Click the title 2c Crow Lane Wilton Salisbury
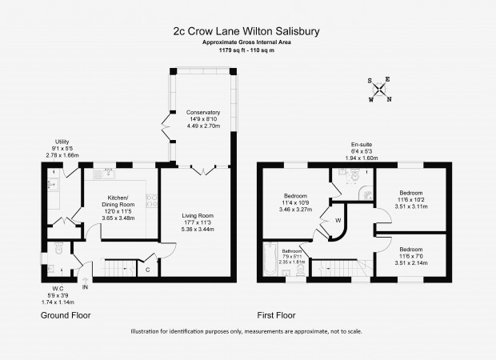point(246,31)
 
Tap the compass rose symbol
point(379,90)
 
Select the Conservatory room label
point(203,119)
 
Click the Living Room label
point(198,222)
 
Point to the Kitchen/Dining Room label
point(118,207)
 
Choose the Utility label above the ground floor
point(62,148)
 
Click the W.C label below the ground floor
point(58,295)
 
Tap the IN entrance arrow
point(85,283)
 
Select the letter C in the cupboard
point(147,270)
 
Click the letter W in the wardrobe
point(338,221)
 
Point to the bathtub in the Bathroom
point(270,258)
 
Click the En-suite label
point(362,151)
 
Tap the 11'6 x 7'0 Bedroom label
point(411,256)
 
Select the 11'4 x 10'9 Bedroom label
point(295,202)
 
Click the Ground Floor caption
point(66,315)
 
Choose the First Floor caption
point(276,315)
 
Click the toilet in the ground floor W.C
point(59,248)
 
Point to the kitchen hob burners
point(151,201)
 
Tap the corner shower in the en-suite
point(366,194)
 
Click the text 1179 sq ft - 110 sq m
point(246,50)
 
